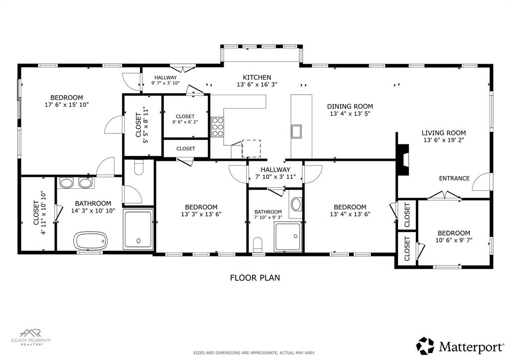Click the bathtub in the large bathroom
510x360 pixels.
coord(90,240)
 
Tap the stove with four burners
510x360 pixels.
coord(218,126)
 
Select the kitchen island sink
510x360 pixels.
coord(296,131)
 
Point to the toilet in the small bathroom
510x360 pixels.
coord(258,245)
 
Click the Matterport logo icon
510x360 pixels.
coord(425,346)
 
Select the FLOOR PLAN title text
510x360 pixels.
coord(255,278)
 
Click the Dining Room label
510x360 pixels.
coord(350,106)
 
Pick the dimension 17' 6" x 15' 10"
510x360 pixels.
coord(66,105)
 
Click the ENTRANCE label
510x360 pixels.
coord(454,178)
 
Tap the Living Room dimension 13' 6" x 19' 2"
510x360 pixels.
coord(443,140)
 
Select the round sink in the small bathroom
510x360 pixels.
coord(296,204)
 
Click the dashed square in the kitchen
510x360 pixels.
coord(251,148)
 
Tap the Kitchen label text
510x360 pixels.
coord(256,77)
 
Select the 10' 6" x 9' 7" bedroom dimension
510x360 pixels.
coord(453,240)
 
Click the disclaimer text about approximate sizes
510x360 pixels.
coord(254,353)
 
